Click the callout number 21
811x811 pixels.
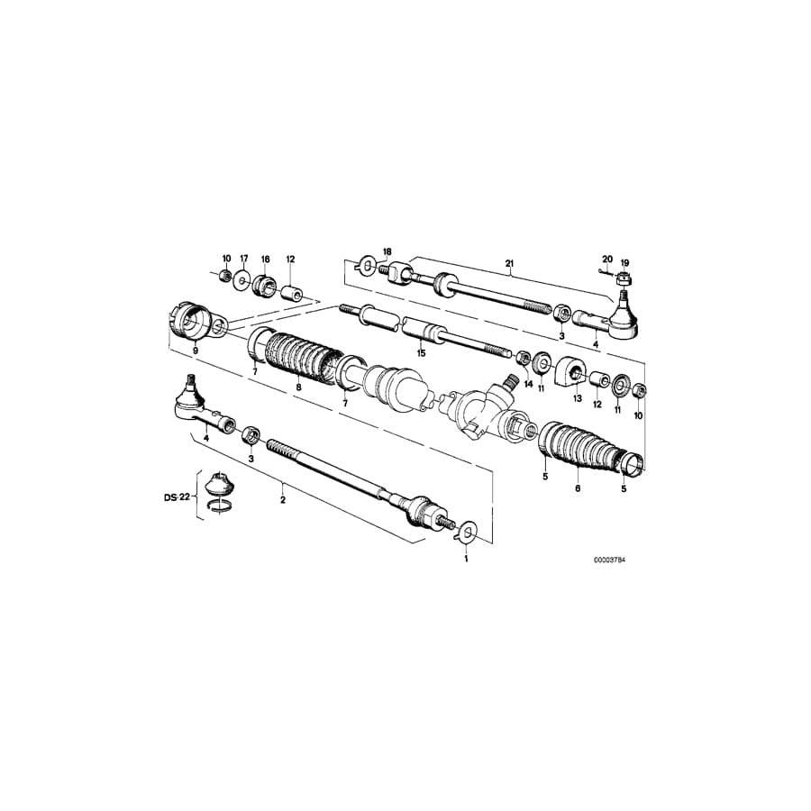(x=509, y=264)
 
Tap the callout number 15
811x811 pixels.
(x=420, y=352)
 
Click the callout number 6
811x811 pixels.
(x=578, y=489)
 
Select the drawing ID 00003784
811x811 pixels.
(x=609, y=560)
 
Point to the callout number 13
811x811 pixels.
(x=577, y=396)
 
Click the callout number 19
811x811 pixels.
(x=624, y=262)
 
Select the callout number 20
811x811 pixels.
(x=607, y=260)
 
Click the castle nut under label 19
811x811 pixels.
(x=623, y=280)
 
